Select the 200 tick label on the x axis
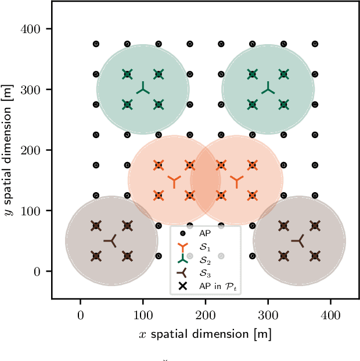pos(205,316)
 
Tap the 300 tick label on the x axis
pos(268,316)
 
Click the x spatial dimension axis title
pos(205,334)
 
